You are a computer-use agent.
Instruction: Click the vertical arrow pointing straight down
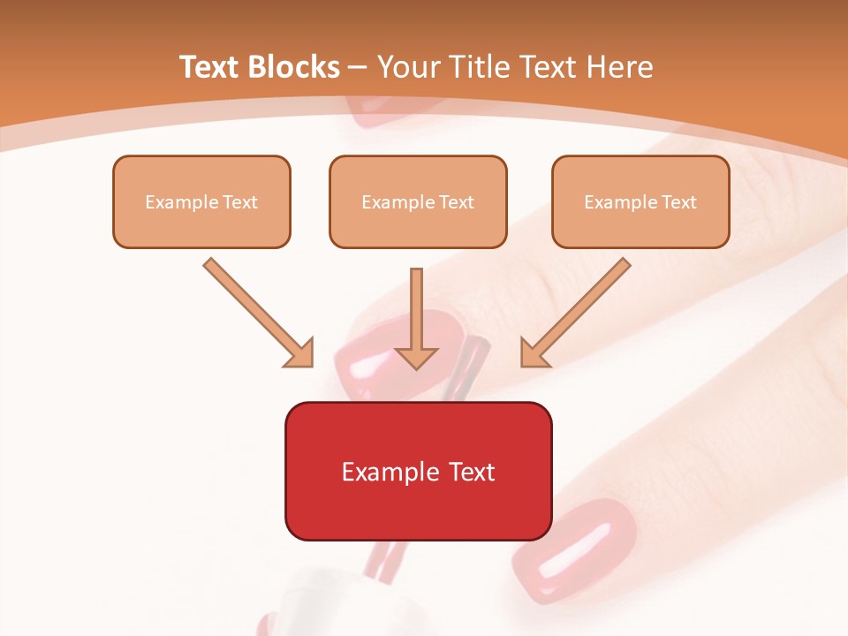(417, 318)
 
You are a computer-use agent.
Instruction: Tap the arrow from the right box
(576, 312)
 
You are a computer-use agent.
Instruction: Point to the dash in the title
(358, 67)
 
